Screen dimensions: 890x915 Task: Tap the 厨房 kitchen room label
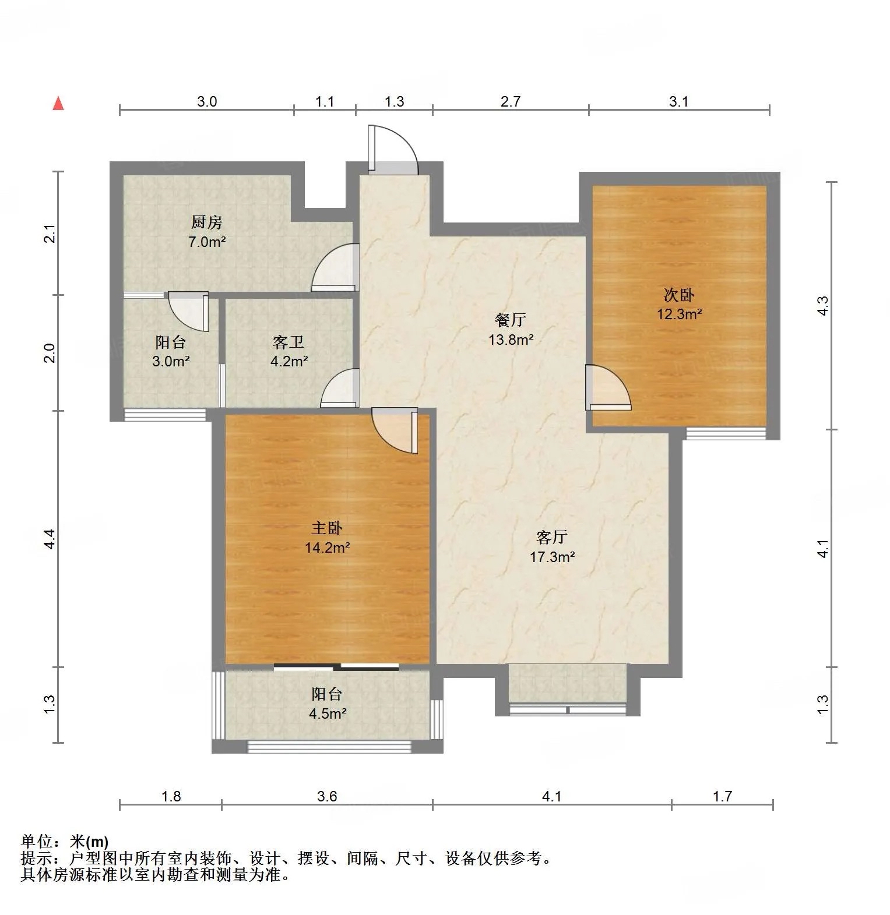[x=207, y=222]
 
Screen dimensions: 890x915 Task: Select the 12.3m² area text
[x=679, y=314]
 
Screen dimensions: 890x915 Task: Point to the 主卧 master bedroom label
[x=327, y=528]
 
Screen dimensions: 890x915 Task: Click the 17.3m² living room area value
[x=552, y=556]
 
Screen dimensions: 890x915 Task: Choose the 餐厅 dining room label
[x=510, y=319]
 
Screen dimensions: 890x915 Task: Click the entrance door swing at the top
[x=393, y=150]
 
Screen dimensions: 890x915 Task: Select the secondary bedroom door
[x=608, y=387]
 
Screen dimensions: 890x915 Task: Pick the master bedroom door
[x=395, y=430]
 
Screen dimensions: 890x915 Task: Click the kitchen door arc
[x=335, y=268]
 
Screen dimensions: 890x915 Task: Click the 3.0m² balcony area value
[x=171, y=361]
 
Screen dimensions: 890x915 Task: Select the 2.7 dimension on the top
[x=511, y=101]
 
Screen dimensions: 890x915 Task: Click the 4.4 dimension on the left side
[x=50, y=539]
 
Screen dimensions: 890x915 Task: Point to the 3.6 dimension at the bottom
[x=327, y=796]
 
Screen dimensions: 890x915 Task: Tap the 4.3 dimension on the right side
[x=822, y=306]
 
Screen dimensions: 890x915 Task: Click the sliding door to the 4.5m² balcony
[x=336, y=666]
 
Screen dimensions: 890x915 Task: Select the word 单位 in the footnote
[x=37, y=842]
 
